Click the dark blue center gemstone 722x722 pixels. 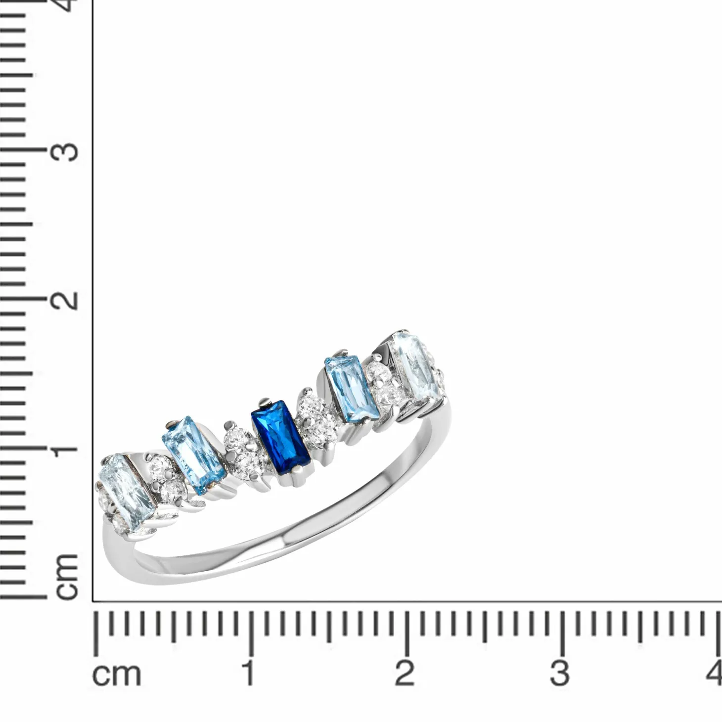[281, 437]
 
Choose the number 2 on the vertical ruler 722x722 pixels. [66, 300]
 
